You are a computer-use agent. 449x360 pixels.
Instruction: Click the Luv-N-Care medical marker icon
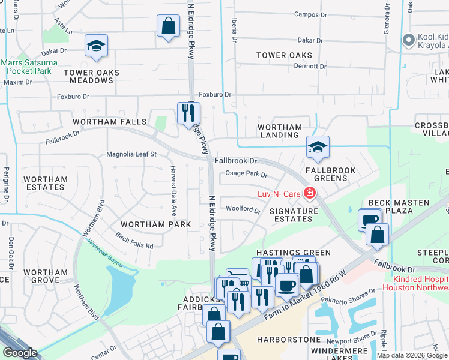coord(310,193)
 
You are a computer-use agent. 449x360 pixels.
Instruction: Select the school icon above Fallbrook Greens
coord(318,146)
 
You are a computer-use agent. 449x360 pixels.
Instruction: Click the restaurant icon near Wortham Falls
coord(188,112)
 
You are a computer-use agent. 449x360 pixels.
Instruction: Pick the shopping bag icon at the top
coord(168,26)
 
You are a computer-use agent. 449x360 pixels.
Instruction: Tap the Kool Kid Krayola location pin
coord(409,40)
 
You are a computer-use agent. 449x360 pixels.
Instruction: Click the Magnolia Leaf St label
coord(131,154)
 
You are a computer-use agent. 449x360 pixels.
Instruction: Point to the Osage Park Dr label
coord(246,175)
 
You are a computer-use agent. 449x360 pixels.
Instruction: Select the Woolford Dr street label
coord(243,210)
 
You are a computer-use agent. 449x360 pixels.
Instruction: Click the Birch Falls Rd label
coord(134,241)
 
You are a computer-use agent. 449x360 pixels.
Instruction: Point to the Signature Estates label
coord(294,215)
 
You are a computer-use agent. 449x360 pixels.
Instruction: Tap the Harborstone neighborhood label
coord(289,340)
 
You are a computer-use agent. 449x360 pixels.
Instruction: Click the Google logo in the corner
coord(20,353)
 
